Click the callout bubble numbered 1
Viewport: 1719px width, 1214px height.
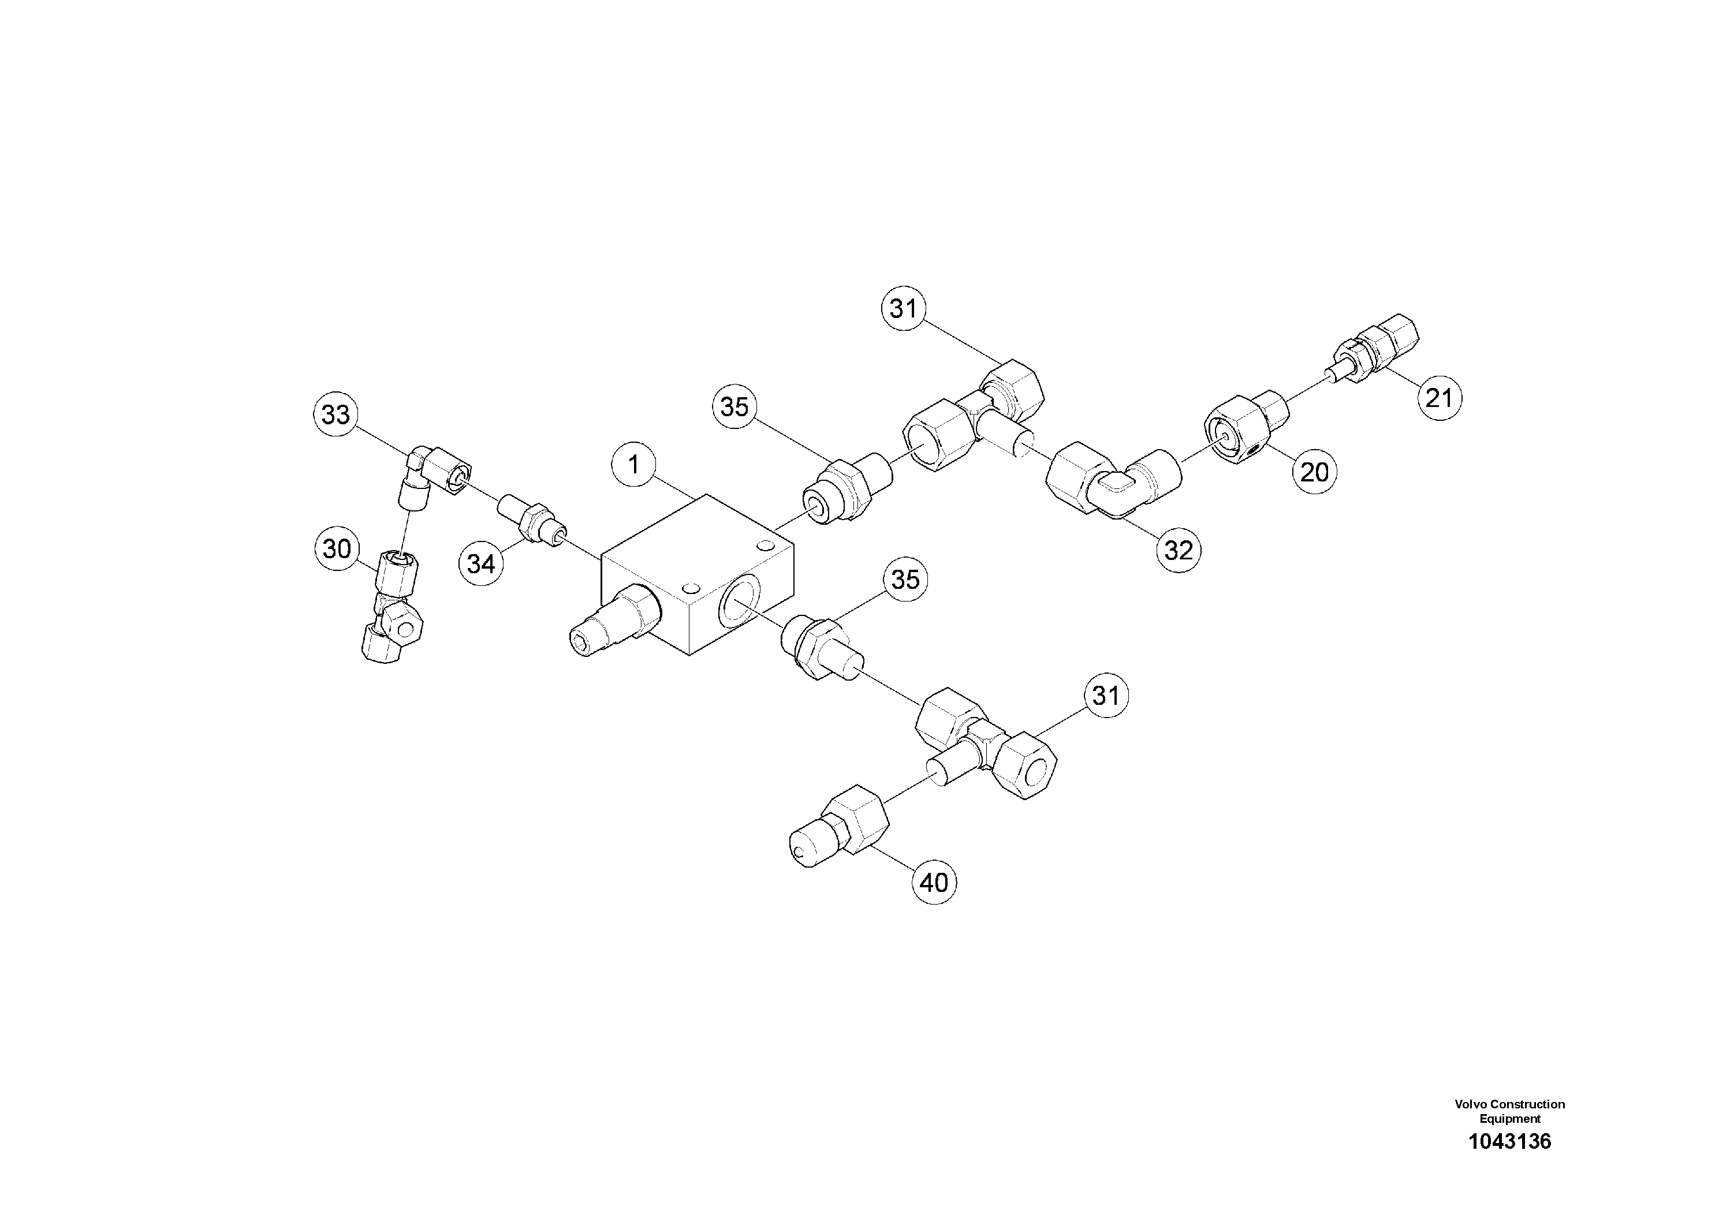[634, 465]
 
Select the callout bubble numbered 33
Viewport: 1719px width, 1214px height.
[335, 414]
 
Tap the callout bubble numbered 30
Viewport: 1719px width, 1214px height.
[337, 548]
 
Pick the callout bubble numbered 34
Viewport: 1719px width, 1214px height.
[480, 563]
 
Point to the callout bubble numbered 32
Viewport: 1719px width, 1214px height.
[1179, 551]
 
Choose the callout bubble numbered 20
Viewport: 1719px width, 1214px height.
[1314, 472]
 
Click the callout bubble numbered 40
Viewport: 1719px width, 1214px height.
[934, 883]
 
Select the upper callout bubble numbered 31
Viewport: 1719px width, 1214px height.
[904, 308]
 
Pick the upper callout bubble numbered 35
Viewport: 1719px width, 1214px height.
[734, 406]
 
